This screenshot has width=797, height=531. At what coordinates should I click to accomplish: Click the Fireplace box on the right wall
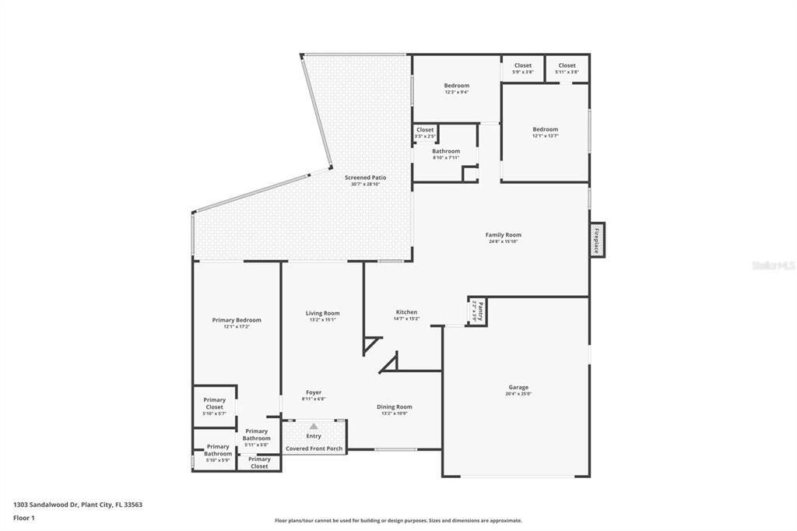pos(597,239)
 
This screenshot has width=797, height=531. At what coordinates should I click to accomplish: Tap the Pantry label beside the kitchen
pos(478,311)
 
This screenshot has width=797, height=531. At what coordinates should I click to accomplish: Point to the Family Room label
pos(503,234)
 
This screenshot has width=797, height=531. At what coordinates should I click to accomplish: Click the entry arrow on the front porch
pos(314,426)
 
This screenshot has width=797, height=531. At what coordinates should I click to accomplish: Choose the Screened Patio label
pos(365,178)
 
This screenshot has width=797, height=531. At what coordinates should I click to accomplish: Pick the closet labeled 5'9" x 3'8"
pos(522,69)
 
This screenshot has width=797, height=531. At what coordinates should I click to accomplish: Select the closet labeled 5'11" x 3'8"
pos(567,69)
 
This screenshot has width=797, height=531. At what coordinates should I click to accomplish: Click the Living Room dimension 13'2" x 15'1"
pos(322,319)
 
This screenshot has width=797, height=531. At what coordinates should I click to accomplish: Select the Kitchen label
pos(406,311)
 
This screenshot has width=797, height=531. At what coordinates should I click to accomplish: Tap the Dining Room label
pos(395,406)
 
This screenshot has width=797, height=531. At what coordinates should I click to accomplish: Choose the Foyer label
pos(314,392)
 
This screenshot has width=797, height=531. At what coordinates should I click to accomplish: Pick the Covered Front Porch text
pos(314,448)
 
